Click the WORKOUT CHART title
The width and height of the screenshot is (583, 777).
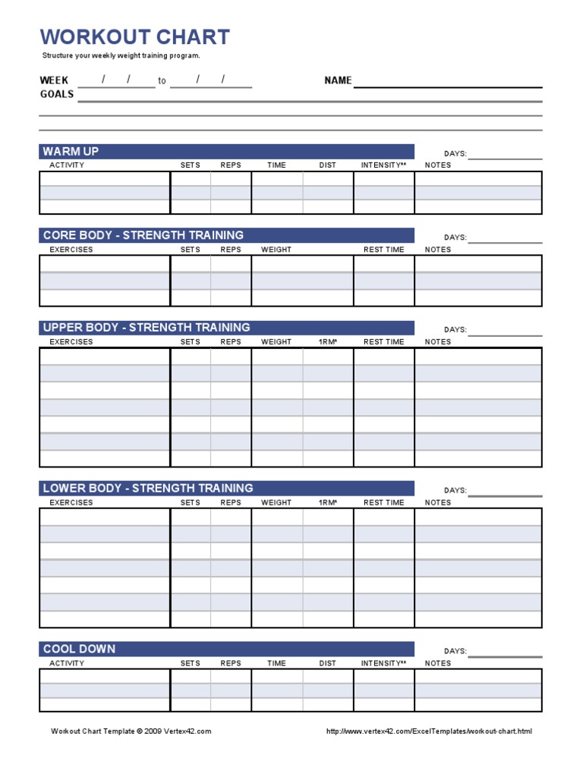pos(134,37)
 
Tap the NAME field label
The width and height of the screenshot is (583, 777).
pos(338,80)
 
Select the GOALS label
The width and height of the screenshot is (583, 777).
pos(57,94)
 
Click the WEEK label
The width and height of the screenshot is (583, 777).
pos(54,80)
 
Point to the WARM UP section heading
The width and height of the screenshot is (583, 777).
pos(71,152)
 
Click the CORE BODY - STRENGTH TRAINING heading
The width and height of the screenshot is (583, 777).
pos(143,235)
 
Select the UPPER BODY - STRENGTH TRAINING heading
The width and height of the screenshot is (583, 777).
pos(147,328)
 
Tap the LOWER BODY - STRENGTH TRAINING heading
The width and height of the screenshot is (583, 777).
pos(148,488)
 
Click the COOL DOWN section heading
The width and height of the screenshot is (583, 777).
pos(79,649)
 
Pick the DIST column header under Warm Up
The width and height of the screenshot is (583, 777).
pos(327,165)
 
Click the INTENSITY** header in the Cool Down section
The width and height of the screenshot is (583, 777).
pos(383,663)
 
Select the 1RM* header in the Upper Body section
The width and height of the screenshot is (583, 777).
pos(327,342)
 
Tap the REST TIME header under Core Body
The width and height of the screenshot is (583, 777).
pos(383,250)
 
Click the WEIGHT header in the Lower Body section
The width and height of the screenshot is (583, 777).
pos(276,502)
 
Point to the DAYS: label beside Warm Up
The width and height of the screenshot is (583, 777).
pos(455,154)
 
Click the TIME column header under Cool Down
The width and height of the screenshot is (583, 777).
pos(276,663)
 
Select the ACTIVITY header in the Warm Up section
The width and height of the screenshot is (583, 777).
pos(67,165)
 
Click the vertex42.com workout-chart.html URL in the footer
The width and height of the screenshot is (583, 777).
pos(429,731)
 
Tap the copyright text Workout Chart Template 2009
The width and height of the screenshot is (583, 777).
pos(131,731)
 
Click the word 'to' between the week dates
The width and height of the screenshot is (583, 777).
pos(162,81)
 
